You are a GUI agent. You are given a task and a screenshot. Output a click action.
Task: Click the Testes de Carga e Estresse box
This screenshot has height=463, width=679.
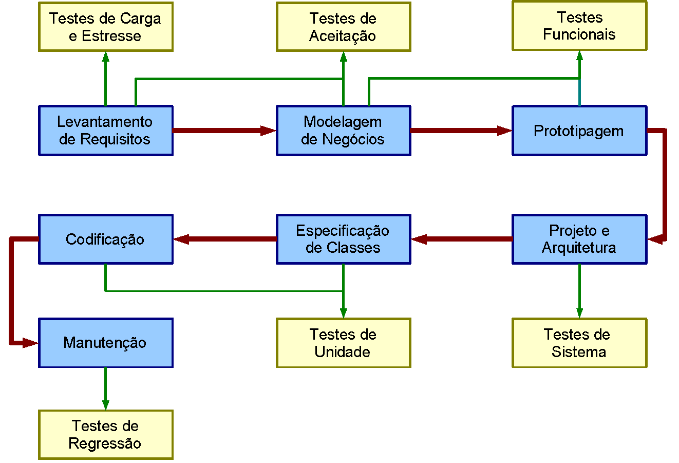105,27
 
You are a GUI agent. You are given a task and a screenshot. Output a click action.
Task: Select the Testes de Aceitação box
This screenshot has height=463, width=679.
343,27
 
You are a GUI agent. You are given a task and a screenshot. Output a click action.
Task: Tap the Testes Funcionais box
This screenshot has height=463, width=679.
579,26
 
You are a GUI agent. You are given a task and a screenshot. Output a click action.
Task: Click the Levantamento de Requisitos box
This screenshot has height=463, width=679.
105,131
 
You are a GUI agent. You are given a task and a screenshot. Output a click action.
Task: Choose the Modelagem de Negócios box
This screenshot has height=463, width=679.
343,131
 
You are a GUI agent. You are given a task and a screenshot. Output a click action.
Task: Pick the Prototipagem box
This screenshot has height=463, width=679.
579,131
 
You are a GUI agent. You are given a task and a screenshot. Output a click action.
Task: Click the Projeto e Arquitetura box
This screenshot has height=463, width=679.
579,239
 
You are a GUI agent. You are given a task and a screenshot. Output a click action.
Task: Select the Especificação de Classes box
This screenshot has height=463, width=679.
343,239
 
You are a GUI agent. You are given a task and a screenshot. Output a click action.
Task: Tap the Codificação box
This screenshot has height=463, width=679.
105,239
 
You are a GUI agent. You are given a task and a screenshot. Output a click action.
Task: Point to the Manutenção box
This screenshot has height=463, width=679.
105,343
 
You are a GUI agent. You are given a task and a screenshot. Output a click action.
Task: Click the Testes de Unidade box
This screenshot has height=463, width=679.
343,343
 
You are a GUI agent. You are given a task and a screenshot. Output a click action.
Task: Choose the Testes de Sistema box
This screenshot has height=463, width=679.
579,343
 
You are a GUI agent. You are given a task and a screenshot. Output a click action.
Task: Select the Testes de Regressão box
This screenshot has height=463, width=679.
105,434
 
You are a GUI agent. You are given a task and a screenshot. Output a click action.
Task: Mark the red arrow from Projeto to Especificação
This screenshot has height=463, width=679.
462,239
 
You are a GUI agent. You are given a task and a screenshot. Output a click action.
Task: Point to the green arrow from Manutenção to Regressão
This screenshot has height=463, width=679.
105,388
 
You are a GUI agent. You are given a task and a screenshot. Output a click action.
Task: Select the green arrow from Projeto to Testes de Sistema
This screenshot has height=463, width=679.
579,291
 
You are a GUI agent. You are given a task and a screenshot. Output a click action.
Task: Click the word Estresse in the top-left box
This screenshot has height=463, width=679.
111,36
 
